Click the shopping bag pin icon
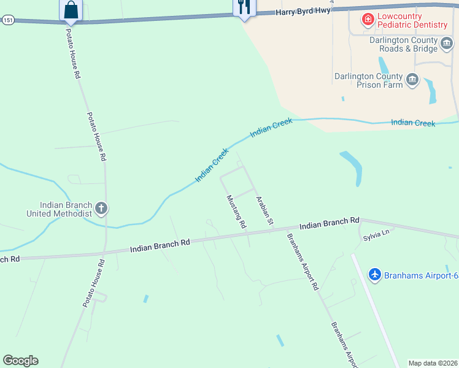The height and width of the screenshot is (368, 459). (71, 10)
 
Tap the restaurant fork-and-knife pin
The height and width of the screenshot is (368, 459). (244, 7)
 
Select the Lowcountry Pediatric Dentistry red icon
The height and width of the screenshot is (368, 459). (368, 20)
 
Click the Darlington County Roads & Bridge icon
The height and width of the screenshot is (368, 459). (448, 44)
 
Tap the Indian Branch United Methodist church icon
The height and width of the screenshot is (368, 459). (101, 209)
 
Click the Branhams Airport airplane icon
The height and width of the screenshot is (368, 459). (375, 275)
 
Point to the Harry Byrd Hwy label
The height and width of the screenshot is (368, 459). (303, 12)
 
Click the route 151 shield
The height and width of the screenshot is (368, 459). (7, 20)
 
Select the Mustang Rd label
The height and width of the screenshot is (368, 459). (236, 212)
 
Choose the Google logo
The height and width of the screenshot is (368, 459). (20, 361)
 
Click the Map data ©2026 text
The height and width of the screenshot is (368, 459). (433, 363)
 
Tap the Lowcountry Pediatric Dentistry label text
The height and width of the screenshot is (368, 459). (413, 20)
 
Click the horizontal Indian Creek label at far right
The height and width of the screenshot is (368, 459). (413, 123)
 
